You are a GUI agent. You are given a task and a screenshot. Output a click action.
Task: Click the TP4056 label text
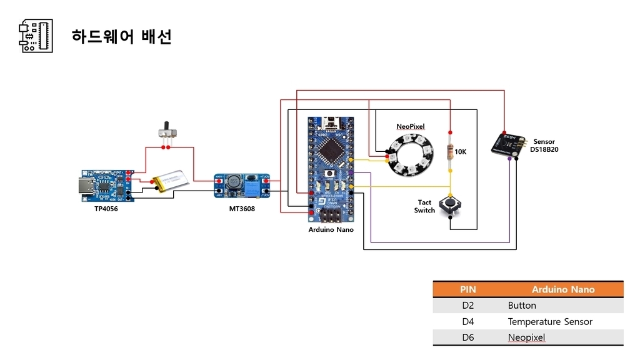click(x=106, y=209)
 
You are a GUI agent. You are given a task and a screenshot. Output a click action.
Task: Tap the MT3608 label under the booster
click(x=242, y=209)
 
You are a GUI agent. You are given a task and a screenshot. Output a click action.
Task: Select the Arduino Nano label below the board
click(x=331, y=229)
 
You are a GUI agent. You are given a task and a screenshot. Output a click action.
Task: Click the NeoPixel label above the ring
click(x=411, y=127)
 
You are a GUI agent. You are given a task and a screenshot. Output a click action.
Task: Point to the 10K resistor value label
click(x=461, y=152)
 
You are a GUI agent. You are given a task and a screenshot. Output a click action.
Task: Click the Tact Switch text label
click(x=424, y=206)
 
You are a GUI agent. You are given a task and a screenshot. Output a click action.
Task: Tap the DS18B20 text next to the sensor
click(x=544, y=150)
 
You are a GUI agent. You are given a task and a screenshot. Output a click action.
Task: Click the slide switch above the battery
click(x=167, y=132)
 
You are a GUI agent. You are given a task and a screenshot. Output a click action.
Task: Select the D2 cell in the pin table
click(x=468, y=306)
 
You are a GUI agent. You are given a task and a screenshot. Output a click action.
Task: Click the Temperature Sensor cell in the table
click(x=550, y=322)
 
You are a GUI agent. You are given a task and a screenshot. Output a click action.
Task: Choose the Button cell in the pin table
click(x=522, y=306)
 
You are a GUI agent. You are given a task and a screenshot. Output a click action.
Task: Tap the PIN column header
click(x=468, y=289)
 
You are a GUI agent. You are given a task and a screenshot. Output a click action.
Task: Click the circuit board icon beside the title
click(x=36, y=36)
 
